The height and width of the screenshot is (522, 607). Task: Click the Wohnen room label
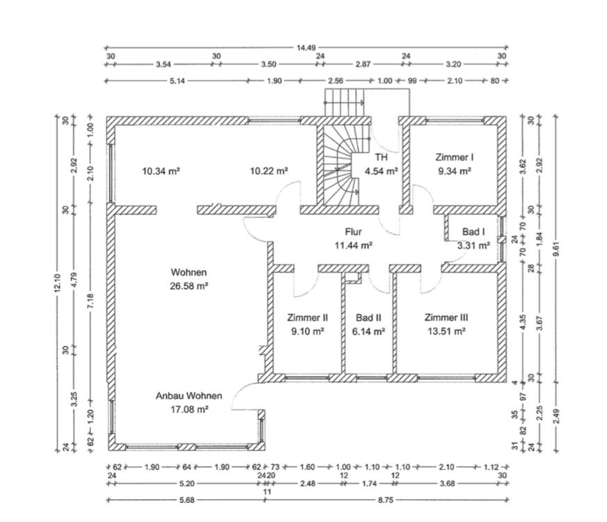(x=189, y=273)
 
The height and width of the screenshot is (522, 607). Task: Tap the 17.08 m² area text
(x=189, y=410)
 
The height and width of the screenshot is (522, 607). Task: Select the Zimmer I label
(x=454, y=157)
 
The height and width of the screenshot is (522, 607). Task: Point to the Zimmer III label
(x=446, y=317)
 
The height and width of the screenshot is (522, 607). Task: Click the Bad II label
(x=369, y=317)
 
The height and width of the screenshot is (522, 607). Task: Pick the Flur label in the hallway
(x=354, y=232)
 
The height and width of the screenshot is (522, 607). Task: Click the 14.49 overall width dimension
(x=306, y=48)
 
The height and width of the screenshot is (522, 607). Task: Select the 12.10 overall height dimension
(x=58, y=283)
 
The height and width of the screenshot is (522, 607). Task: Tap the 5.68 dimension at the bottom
(x=187, y=499)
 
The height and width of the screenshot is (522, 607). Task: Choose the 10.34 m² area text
(x=161, y=171)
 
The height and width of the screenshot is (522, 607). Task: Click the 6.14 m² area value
(x=369, y=332)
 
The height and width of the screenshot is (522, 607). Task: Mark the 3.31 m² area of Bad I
(x=473, y=245)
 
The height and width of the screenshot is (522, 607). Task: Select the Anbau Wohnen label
(x=189, y=396)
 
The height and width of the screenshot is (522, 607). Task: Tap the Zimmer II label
(x=307, y=317)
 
